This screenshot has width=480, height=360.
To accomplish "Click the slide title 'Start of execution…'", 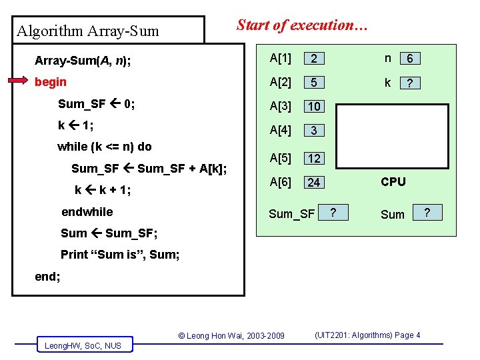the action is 302,26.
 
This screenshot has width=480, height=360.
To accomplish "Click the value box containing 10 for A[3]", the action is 314,107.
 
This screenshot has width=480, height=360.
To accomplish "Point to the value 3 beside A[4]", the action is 313,131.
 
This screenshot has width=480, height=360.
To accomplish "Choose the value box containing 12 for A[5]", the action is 314,159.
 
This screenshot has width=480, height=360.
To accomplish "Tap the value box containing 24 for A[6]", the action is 314,182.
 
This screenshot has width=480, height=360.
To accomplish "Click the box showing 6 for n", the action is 409,59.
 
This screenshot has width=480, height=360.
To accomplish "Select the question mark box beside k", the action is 409,83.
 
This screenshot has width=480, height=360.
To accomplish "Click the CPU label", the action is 393,181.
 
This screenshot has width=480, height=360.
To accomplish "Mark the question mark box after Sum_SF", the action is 334,212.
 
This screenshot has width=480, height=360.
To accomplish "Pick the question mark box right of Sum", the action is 427,212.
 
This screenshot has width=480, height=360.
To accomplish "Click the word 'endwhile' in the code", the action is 87,212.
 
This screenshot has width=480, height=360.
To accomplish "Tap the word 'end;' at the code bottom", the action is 47,276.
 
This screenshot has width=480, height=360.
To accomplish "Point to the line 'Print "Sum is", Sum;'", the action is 120,254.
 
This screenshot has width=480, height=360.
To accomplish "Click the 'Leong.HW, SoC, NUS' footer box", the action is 83,345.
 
